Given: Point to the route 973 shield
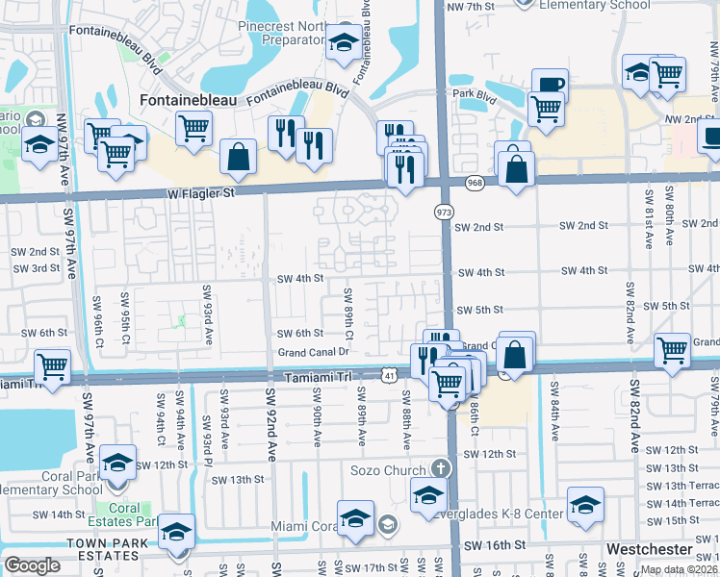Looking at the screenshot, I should pos(444,211).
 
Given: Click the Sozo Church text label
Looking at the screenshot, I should pos(389,469).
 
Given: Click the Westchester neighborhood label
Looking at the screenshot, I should pos(650,549).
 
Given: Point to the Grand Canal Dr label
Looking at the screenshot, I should pos(313,353).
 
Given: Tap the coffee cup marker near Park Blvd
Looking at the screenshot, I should pos(550,85).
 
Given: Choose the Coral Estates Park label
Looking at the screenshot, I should pos(132,514).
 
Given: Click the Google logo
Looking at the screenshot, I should pos(32,565).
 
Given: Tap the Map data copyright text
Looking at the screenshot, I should pos(679,569).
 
